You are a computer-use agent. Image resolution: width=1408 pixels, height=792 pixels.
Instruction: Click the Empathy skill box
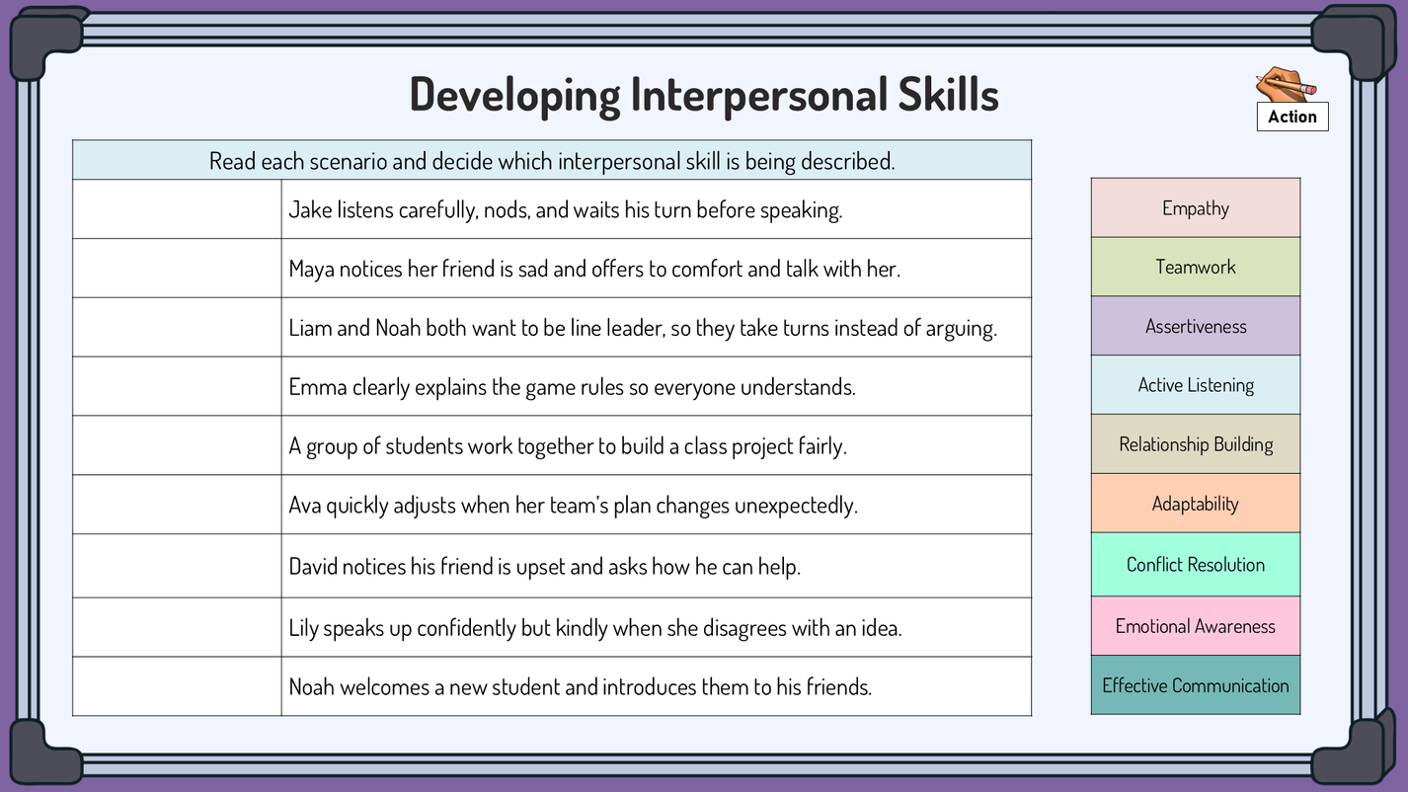pos(1195,207)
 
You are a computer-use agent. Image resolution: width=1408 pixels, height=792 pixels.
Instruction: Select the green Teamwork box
pos(1195,267)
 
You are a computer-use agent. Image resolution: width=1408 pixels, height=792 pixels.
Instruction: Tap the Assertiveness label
pos(1195,326)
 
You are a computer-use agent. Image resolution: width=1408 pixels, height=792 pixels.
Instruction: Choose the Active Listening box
pos(1195,385)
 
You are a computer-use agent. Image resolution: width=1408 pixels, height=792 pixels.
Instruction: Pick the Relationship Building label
pos(1195,444)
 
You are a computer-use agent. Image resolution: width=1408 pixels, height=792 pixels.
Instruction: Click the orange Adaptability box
pos(1195,504)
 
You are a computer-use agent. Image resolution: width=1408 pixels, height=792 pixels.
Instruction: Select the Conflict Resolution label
pos(1195,565)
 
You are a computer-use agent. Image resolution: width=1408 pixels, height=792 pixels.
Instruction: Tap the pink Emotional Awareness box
pos(1195,626)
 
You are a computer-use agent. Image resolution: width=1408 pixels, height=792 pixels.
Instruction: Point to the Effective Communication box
pos(1195,685)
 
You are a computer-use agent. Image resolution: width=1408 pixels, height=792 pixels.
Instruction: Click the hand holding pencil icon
pos(1286,84)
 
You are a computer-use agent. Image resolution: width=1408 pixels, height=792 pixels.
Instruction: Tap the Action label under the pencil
pos(1292,117)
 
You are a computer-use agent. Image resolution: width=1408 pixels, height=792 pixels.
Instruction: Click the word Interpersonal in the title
pos(758,95)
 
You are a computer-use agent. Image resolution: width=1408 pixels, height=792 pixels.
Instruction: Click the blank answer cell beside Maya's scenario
pos(177,268)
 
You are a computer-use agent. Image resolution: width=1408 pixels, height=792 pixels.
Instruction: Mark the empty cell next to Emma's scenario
pos(177,386)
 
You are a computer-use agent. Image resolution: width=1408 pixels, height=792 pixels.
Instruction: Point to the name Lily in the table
pos(303,628)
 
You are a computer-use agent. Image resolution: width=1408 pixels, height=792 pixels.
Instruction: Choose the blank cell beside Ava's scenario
pos(177,505)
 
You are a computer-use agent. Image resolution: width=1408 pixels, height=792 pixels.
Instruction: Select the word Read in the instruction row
pos(232,161)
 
